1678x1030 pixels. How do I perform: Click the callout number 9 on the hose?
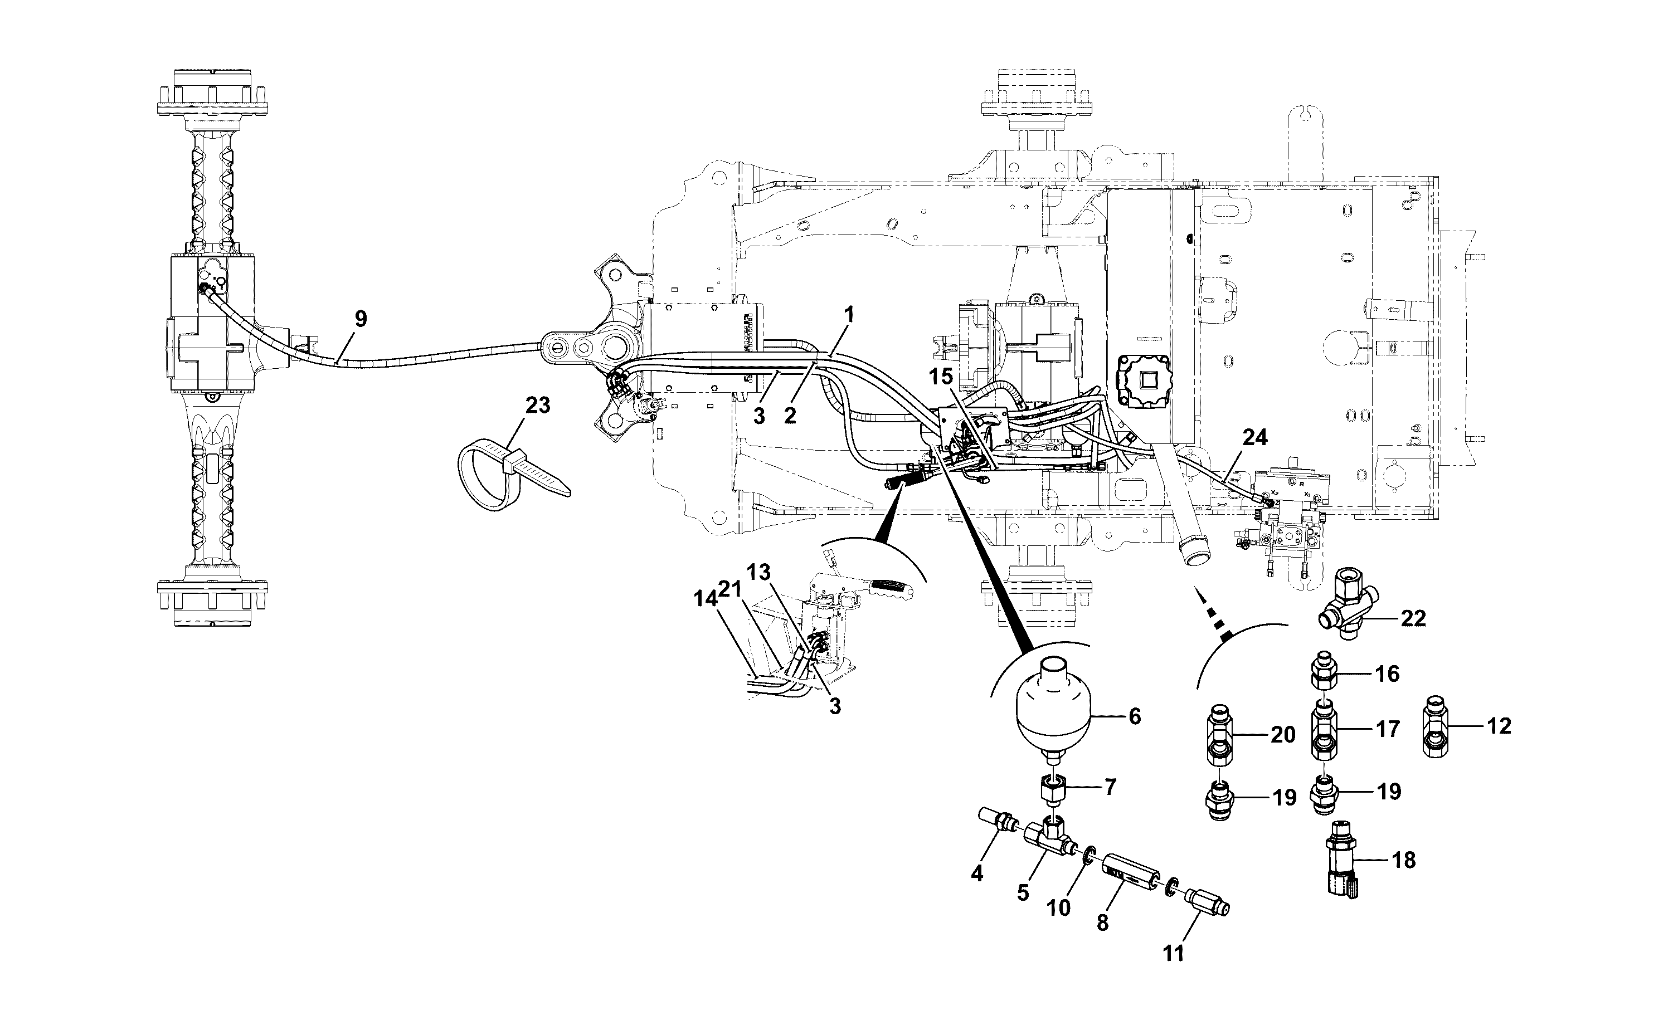(361, 319)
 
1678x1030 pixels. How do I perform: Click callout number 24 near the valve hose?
(1255, 438)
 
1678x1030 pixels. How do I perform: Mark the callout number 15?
(941, 375)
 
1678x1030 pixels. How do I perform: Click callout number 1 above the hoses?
(848, 315)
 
